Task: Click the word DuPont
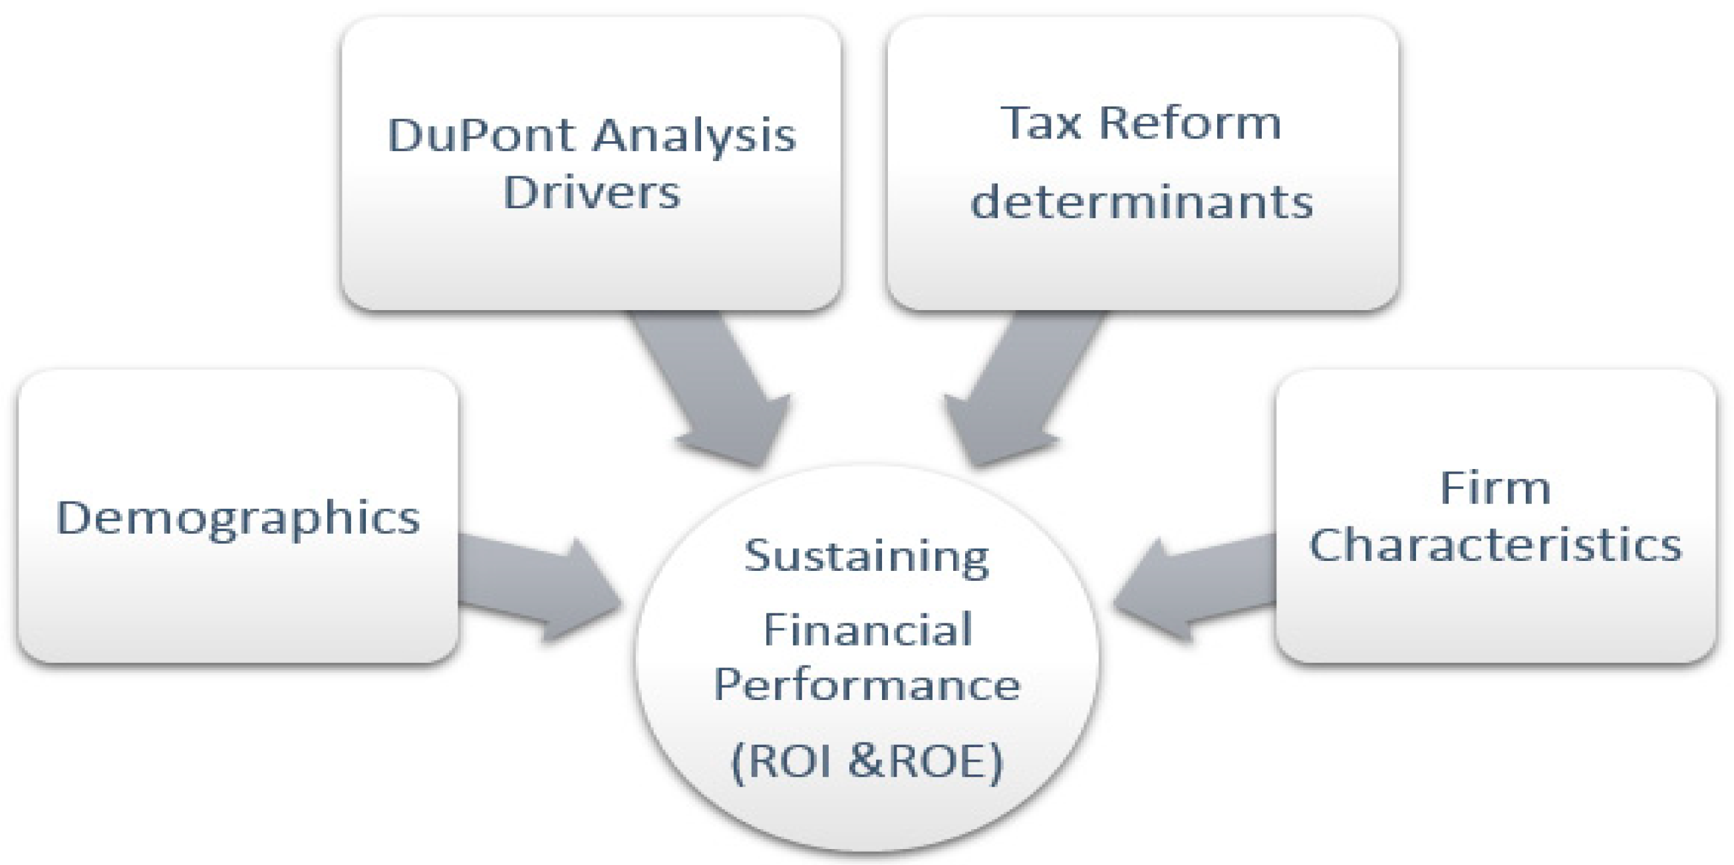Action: pos(482,135)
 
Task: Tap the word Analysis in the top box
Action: pos(694,136)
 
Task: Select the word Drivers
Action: pos(592,193)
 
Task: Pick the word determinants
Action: pos(1141,202)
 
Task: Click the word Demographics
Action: pos(238,519)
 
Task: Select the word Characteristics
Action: pos(1495,544)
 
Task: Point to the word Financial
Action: pos(868,630)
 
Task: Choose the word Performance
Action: pos(867,685)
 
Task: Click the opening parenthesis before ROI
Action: pos(738,763)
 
